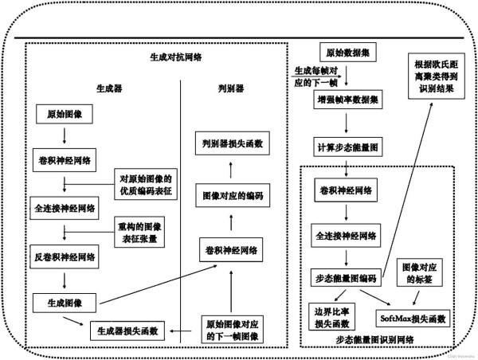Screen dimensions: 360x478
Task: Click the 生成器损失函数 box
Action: (127, 330)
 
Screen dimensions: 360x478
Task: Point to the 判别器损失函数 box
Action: (230, 144)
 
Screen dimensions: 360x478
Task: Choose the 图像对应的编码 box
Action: (230, 195)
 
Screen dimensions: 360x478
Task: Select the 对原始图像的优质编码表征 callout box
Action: (147, 185)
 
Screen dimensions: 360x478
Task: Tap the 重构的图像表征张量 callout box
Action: (143, 232)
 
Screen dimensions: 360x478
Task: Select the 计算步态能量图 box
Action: (345, 147)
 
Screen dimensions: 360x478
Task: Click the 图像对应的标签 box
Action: (421, 272)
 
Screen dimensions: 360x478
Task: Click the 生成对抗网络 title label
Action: (175, 57)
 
